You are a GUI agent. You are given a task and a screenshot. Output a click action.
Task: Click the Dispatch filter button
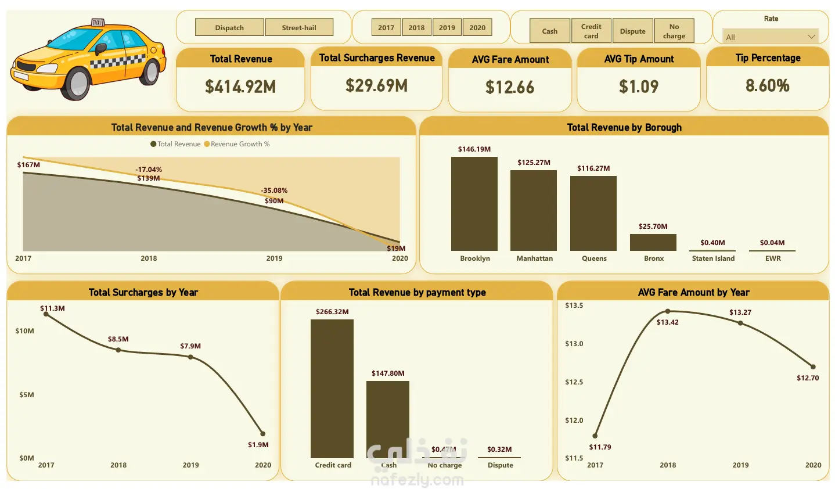point(229,27)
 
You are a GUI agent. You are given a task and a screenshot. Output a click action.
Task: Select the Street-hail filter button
point(299,27)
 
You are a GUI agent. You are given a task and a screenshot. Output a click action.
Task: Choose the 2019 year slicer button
point(447,27)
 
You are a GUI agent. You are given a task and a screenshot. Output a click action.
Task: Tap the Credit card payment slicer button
point(591,31)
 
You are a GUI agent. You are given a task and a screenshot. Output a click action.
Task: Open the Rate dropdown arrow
point(811,37)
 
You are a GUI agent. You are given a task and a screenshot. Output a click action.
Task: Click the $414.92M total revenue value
point(240,87)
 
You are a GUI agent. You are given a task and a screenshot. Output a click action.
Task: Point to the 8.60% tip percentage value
point(767,86)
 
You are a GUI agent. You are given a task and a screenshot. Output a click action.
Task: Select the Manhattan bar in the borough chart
point(534,210)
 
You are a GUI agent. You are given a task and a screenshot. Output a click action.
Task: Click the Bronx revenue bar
point(653,242)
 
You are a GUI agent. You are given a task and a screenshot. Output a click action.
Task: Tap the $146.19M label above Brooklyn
point(474,149)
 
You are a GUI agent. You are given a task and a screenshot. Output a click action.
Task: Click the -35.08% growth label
point(274,190)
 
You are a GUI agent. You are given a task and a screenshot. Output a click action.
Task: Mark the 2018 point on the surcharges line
point(118,350)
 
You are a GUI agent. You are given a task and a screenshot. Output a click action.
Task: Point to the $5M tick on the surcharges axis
point(27,395)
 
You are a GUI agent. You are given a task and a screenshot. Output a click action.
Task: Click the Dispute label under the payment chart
point(500,465)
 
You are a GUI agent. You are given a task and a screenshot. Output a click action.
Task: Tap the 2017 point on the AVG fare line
point(595,436)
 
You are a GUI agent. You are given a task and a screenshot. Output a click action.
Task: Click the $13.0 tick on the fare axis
point(574,344)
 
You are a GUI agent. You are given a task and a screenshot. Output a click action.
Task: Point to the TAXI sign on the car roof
point(97,23)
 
